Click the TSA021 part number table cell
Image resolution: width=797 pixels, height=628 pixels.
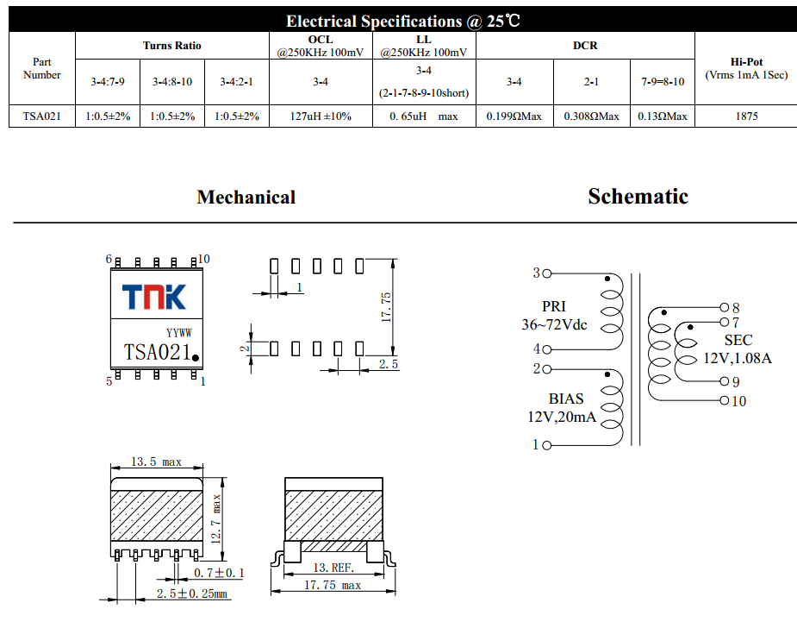(42, 116)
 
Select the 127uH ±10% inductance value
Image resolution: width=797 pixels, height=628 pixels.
(321, 116)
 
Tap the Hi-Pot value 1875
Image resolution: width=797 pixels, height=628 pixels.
(746, 116)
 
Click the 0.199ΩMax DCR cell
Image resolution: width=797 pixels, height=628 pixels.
(514, 116)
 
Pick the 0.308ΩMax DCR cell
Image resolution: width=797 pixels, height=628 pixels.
(591, 116)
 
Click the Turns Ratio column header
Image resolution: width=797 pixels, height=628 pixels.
(171, 45)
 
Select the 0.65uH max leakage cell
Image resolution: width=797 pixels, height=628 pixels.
(423, 116)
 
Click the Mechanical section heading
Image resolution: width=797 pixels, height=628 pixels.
(246, 198)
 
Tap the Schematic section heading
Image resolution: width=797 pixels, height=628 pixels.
(638, 197)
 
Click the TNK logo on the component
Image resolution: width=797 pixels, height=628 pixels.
(153, 297)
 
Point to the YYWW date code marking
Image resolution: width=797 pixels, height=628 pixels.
(178, 333)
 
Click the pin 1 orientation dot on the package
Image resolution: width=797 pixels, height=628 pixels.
(196, 357)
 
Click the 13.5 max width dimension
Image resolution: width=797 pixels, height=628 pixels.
(156, 462)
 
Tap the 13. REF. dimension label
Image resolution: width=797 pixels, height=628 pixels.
(333, 568)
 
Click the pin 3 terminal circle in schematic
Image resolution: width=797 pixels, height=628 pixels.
(546, 273)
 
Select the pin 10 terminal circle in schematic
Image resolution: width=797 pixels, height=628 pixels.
(724, 400)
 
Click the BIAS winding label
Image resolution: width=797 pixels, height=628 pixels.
(565, 399)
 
